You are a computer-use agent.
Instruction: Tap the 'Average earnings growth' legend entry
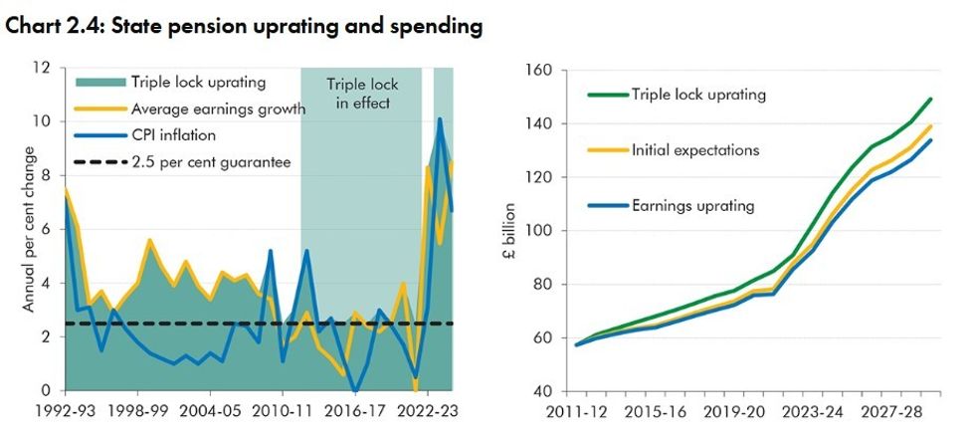point(217,109)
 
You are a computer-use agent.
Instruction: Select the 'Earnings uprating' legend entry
point(692,206)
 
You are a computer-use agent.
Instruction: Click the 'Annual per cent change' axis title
point(30,229)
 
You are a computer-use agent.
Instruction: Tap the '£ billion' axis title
point(507,228)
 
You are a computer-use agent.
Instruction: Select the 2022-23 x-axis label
point(426,409)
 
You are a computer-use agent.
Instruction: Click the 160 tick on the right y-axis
point(537,71)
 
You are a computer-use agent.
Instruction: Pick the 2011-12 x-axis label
point(575,409)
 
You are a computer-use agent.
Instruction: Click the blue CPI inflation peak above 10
point(440,119)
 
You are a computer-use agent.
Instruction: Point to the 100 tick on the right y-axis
point(537,231)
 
